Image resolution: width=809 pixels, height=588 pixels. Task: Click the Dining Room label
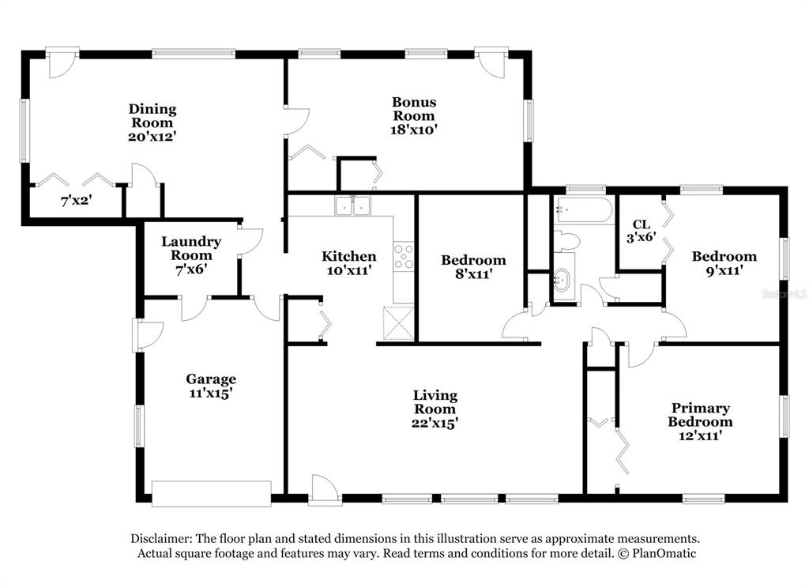click(x=152, y=115)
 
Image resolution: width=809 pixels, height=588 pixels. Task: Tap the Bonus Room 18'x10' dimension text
click(x=414, y=129)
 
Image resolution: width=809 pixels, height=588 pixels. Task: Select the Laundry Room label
click(x=191, y=248)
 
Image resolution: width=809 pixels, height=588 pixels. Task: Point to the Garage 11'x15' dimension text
click(x=210, y=391)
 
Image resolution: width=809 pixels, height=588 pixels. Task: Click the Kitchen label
click(x=348, y=256)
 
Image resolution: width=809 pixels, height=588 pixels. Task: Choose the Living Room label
click(x=435, y=401)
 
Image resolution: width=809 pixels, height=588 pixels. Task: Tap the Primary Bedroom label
click(x=700, y=415)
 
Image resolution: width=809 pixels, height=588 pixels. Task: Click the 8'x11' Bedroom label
click(x=473, y=260)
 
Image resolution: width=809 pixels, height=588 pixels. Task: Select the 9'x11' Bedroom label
click(x=724, y=256)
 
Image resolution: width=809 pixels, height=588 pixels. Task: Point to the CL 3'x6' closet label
click(x=641, y=230)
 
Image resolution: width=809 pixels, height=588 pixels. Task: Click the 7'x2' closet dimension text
click(x=77, y=201)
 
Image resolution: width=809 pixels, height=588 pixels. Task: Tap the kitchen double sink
click(x=353, y=206)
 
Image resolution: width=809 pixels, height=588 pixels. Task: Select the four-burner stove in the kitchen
click(x=404, y=256)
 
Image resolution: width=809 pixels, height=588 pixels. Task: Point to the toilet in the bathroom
click(x=567, y=240)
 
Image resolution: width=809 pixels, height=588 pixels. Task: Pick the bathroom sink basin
click(x=562, y=279)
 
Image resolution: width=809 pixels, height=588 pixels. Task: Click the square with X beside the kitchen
click(x=397, y=322)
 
